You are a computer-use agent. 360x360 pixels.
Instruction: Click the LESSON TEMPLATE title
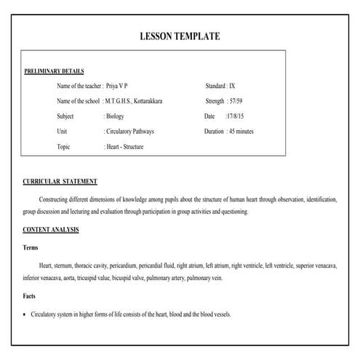(x=179, y=36)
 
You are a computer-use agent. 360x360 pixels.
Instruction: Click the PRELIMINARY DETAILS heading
(x=54, y=71)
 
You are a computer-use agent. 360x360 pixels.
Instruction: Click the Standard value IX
(x=232, y=86)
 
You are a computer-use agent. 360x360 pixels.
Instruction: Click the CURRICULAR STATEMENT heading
(x=60, y=181)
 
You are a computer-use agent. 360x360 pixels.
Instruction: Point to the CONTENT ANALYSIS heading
(x=51, y=230)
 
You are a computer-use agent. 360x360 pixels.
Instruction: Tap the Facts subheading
(x=30, y=297)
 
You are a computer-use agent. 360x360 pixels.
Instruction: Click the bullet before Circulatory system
(x=24, y=315)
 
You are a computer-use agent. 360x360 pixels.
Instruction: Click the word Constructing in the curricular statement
(x=57, y=199)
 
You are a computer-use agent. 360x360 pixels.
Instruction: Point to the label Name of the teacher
(x=79, y=86)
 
